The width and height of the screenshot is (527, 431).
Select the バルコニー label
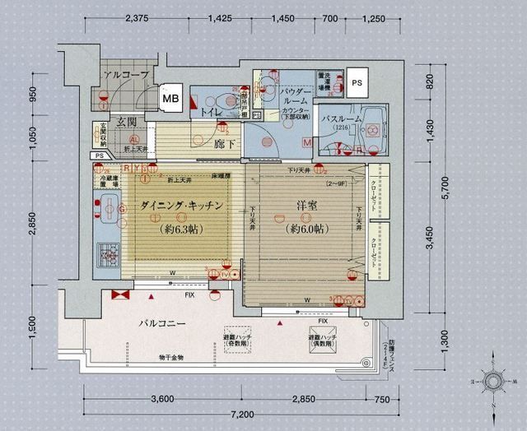161,323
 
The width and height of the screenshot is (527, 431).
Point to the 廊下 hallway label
226,143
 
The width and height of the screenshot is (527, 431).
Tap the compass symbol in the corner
496,382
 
